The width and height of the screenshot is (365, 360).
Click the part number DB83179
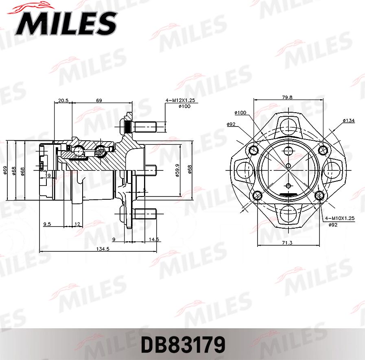pos(183,345)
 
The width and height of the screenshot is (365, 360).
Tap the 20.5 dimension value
pos(63,100)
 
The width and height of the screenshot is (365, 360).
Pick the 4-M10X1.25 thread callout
pos(340,218)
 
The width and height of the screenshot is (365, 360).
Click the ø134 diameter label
pos(348,120)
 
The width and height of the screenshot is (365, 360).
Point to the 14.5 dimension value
pos(154,240)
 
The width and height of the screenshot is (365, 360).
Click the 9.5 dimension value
pos(47,224)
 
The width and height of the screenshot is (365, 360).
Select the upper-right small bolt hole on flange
pos(323,150)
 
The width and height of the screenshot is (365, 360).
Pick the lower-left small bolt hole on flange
pos(256,196)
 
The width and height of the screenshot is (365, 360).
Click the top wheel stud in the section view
pos(142,127)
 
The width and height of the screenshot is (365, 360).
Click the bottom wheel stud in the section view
pos(142,214)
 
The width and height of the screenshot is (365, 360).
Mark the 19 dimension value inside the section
pos(48,175)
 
